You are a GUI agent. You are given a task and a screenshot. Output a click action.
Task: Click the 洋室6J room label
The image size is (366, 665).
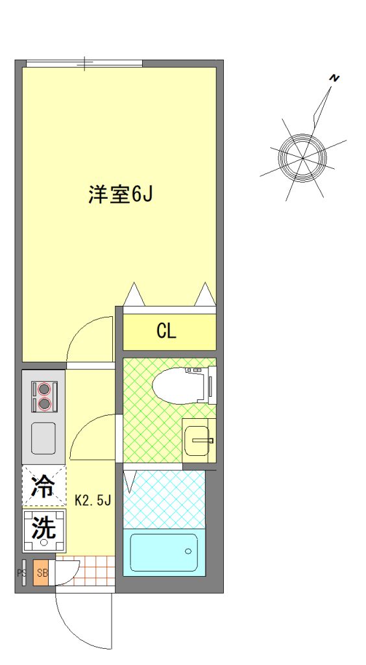(120, 194)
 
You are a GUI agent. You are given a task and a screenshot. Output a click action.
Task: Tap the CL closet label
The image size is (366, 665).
(166, 331)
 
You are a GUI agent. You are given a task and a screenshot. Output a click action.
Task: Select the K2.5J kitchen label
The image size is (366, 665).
(93, 501)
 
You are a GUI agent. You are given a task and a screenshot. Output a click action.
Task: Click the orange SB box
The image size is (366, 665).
(42, 573)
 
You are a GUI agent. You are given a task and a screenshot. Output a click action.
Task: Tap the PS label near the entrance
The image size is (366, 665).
(21, 573)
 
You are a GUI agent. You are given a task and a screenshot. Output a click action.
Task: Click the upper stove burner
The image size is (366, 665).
(44, 388)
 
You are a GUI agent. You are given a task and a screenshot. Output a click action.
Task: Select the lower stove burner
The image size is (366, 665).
(44, 404)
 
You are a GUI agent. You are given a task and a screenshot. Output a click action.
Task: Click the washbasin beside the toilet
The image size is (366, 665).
(198, 440)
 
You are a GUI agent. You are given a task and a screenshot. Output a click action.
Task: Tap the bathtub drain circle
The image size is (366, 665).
(188, 551)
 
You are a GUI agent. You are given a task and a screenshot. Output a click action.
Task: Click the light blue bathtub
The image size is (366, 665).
(164, 552)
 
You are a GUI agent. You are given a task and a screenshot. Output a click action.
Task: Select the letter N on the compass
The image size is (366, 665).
(335, 78)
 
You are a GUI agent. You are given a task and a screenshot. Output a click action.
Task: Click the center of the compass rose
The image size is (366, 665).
(302, 158)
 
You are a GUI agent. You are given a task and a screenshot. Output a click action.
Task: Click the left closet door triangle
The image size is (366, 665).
(134, 294)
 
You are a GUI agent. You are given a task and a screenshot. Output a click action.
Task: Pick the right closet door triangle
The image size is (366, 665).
(206, 294)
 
